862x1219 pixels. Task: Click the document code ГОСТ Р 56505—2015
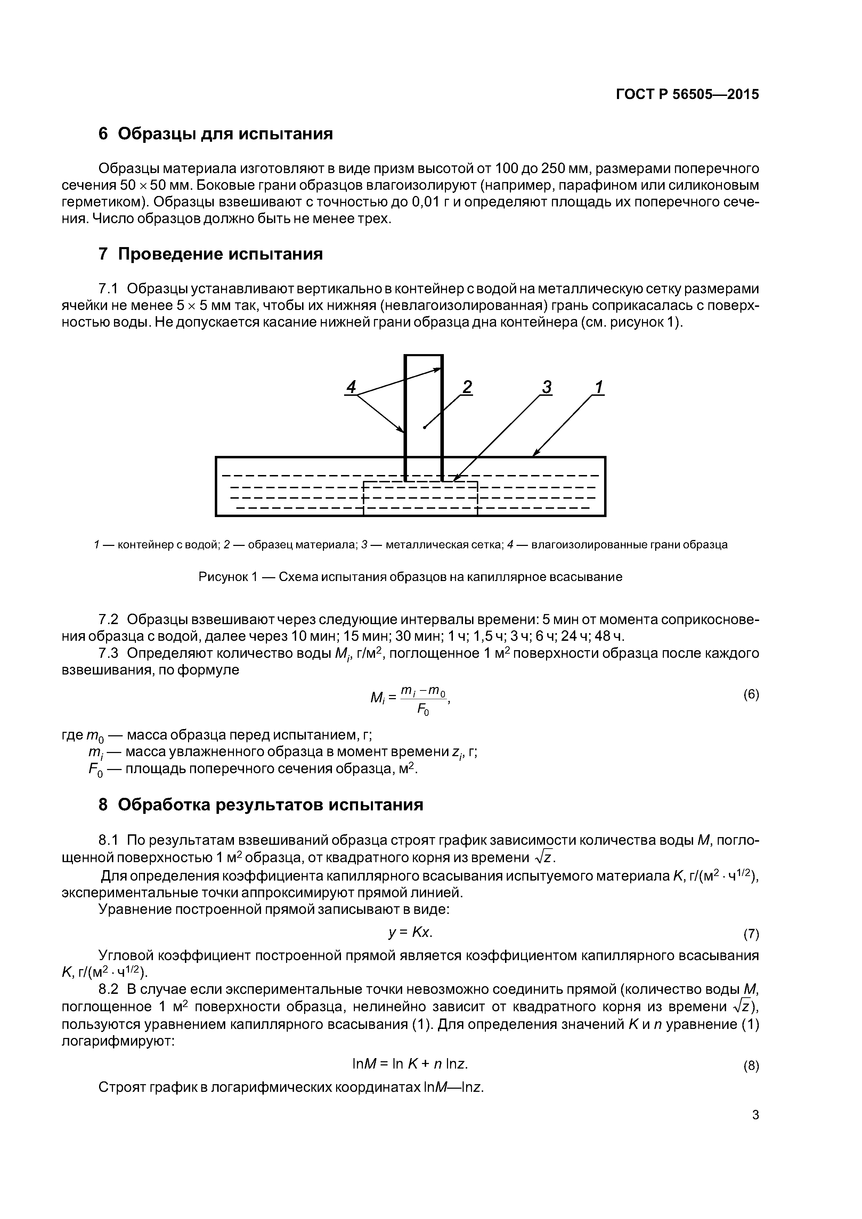pos(687,95)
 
